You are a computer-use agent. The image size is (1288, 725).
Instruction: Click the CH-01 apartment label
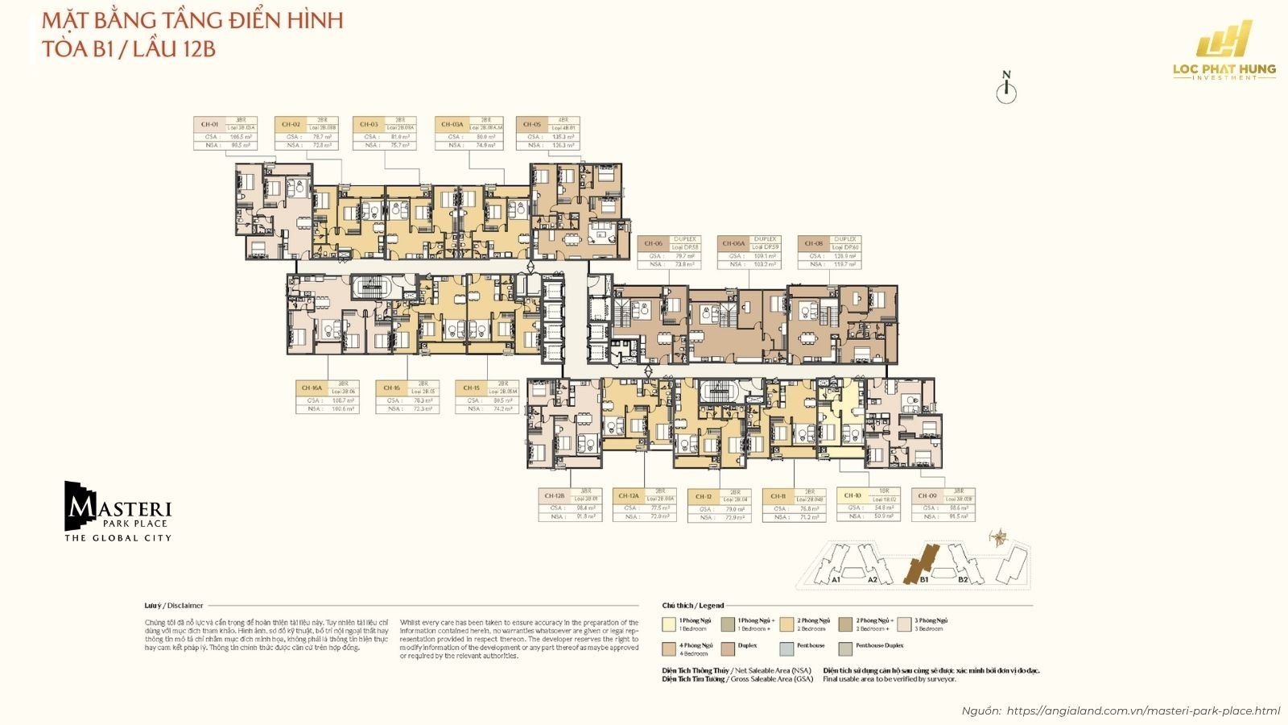(x=209, y=124)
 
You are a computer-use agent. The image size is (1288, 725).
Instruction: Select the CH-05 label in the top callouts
(x=532, y=124)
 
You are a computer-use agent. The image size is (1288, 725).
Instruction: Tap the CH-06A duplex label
(x=733, y=243)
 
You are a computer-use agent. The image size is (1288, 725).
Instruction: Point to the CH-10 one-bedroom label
(x=852, y=495)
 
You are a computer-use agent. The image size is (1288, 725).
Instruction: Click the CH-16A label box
(x=312, y=387)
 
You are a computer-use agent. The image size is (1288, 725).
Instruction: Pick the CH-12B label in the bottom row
(x=555, y=495)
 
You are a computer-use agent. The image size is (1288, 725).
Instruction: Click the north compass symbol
(x=1006, y=89)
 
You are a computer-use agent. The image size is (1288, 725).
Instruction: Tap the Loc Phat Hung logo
(x=1224, y=50)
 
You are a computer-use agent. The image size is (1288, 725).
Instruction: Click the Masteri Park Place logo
(x=118, y=512)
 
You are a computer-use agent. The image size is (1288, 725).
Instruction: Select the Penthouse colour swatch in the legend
(x=786, y=648)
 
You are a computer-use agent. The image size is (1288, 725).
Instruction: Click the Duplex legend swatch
(x=729, y=648)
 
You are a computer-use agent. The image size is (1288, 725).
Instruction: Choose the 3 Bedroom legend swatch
(x=905, y=624)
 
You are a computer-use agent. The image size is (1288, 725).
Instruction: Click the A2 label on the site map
(x=873, y=579)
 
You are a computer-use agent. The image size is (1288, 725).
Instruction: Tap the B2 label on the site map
(x=963, y=579)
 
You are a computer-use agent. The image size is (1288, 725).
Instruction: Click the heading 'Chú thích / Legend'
(x=692, y=605)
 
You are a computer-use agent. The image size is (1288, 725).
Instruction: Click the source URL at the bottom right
(x=1143, y=710)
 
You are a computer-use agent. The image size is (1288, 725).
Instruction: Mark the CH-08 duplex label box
(x=814, y=243)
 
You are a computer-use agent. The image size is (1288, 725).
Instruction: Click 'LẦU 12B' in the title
(x=175, y=48)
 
